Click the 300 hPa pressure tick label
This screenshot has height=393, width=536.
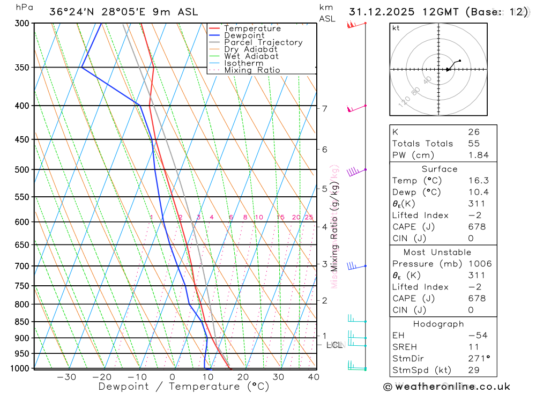click(x=22, y=23)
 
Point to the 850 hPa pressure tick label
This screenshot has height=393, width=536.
click(x=22, y=322)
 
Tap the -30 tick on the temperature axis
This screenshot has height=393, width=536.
click(x=66, y=377)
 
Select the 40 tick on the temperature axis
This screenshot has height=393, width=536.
click(x=314, y=377)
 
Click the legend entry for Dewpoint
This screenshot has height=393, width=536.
click(x=244, y=35)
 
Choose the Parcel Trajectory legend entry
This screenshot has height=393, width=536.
click(x=263, y=42)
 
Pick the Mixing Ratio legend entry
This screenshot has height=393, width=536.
click(x=252, y=70)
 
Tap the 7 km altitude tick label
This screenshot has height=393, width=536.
click(x=325, y=109)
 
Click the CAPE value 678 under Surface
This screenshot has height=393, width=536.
click(x=477, y=227)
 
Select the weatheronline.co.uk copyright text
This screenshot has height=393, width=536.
click(x=446, y=386)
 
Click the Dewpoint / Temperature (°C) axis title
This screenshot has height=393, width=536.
click(x=183, y=386)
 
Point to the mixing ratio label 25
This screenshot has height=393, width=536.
click(x=309, y=217)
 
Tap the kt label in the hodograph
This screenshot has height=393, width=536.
click(x=396, y=28)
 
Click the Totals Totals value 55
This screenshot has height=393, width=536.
click(x=473, y=143)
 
